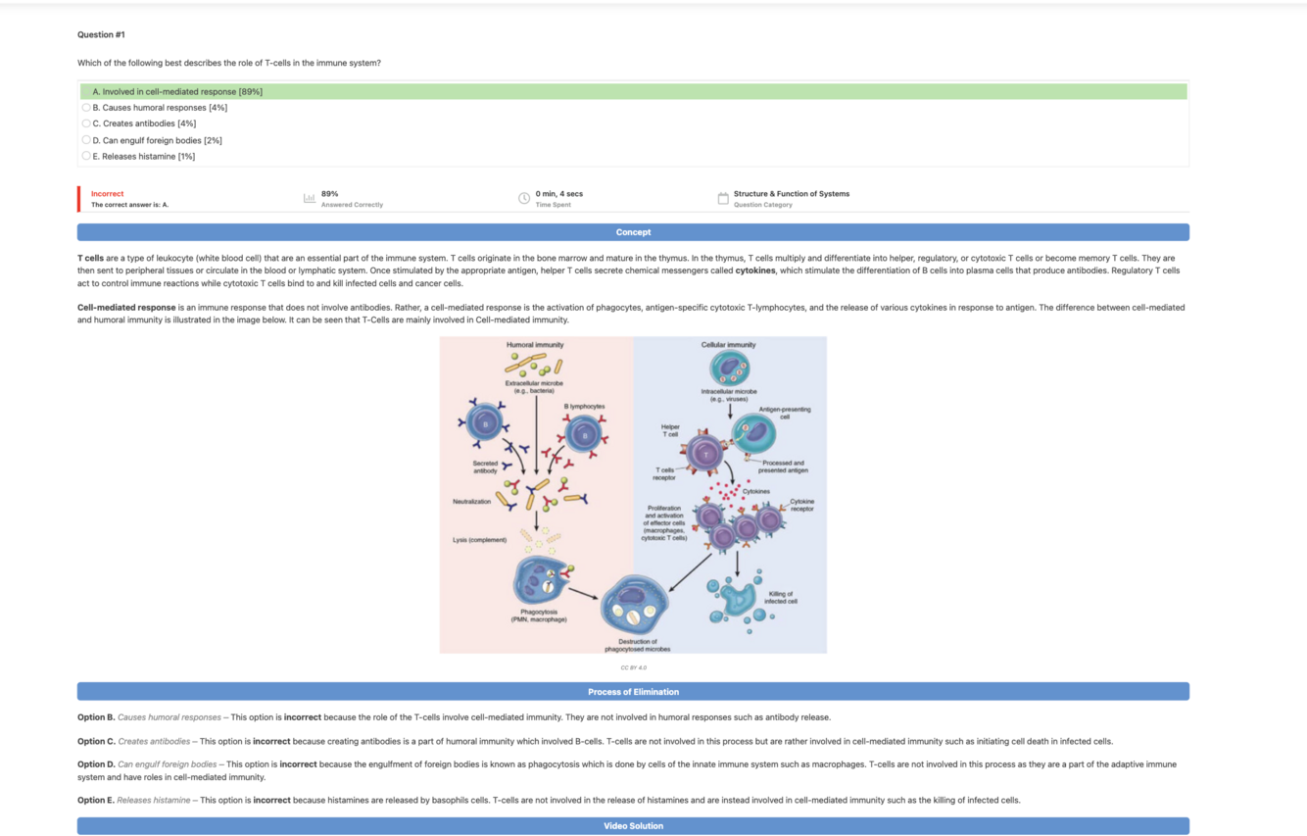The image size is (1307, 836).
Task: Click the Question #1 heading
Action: (x=101, y=34)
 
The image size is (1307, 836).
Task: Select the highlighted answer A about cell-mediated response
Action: (x=176, y=91)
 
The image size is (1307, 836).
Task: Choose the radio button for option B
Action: (x=86, y=108)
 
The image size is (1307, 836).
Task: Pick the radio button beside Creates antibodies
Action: (x=86, y=123)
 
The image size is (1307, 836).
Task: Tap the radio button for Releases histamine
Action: (x=86, y=156)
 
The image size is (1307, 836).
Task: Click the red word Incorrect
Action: (x=108, y=194)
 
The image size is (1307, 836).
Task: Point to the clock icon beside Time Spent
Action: (x=524, y=198)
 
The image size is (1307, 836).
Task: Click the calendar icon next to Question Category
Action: (x=723, y=198)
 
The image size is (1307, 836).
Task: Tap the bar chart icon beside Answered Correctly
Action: (x=310, y=198)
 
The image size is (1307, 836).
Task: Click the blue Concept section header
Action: (x=633, y=232)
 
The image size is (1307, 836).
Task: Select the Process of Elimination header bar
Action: (x=633, y=692)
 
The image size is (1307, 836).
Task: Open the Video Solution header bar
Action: (x=633, y=826)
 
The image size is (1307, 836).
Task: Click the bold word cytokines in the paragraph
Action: (x=755, y=270)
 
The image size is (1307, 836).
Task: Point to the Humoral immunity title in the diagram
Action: (x=535, y=345)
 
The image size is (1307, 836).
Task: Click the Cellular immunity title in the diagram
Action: (x=728, y=345)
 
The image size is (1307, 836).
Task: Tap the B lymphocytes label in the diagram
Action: (x=584, y=406)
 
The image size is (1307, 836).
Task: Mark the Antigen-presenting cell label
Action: (x=784, y=413)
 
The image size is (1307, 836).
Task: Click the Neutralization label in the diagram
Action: (x=471, y=502)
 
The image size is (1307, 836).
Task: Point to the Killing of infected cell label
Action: (x=781, y=597)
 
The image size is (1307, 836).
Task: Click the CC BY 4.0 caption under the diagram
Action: (x=633, y=667)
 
